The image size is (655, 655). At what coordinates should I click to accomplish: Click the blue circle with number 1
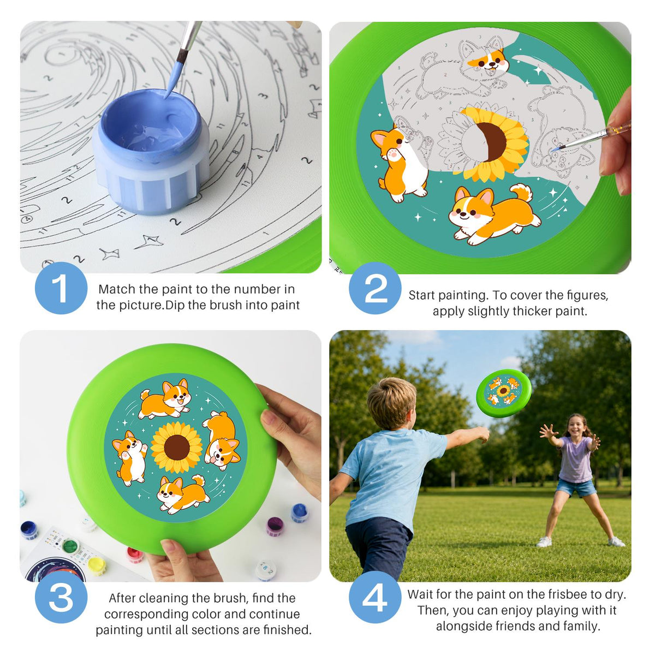point(61,288)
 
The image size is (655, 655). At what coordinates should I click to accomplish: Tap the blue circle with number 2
point(375,288)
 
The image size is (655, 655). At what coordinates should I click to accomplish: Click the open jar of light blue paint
point(151,152)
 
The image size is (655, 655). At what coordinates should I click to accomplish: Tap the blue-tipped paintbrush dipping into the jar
point(183,58)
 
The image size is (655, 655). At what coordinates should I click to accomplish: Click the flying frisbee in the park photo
point(504,393)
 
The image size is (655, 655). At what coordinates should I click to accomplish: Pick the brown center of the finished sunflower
point(177,448)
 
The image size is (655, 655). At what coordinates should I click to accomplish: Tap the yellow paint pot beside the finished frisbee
point(97,566)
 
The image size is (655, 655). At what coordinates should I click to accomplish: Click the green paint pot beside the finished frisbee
point(70,546)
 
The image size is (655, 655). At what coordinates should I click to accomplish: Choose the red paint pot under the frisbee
point(135,555)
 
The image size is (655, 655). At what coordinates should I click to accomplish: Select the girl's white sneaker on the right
point(616,542)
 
